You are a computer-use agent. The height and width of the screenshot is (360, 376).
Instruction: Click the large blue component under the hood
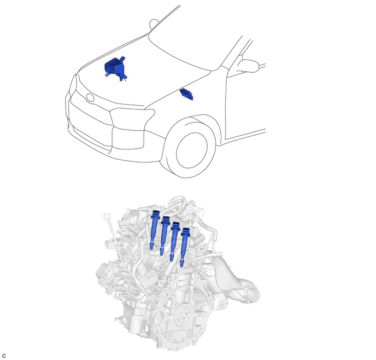115,68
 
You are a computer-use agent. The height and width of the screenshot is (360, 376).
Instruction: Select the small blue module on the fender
186,94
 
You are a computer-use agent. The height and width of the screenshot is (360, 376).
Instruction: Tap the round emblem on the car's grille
90,98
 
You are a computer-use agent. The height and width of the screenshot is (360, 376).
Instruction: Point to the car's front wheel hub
192,150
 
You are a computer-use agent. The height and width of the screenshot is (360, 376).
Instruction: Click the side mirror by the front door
248,65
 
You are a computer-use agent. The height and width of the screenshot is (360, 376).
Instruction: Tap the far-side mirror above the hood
154,24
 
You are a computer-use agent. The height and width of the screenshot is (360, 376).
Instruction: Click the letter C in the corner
4,356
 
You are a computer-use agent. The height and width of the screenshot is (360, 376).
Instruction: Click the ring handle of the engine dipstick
106,217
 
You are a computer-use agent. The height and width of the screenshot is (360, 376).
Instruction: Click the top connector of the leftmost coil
155,213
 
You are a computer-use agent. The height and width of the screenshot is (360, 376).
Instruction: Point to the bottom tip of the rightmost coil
181,266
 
